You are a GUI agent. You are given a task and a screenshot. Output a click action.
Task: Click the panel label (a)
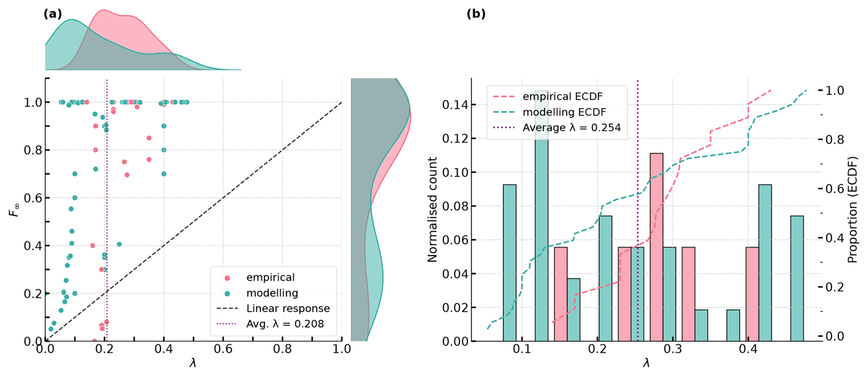[x=52, y=14]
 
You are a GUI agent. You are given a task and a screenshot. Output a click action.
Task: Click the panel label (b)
[x=476, y=14]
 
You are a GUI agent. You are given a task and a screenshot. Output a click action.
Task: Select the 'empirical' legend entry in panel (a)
[x=270, y=277]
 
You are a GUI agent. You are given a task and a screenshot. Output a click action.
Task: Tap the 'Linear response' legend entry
[x=288, y=309]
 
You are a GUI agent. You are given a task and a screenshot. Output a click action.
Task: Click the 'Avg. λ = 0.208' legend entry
[x=285, y=324]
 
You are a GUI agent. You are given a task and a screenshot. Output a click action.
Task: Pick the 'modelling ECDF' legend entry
[x=564, y=112]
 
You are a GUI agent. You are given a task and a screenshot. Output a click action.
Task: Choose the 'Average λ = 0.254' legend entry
[x=571, y=128]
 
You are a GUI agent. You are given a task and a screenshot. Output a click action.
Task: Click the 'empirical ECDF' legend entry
[x=562, y=96]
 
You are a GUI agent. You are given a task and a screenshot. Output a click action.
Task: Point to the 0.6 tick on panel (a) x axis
[x=223, y=349]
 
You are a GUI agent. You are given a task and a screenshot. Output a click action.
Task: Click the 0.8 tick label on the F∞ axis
[x=33, y=150]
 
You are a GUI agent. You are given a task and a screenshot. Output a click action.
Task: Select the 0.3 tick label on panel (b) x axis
[x=673, y=349]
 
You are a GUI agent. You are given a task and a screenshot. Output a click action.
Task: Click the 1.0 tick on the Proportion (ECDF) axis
[x=835, y=90]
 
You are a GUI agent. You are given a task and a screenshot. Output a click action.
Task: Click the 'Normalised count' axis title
[x=432, y=209]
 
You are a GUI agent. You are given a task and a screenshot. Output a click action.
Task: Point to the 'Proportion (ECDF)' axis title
[x=852, y=209]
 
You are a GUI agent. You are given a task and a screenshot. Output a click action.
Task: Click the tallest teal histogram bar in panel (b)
[x=541, y=216]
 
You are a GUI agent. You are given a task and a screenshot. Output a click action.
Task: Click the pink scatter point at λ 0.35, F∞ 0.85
[x=149, y=138]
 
